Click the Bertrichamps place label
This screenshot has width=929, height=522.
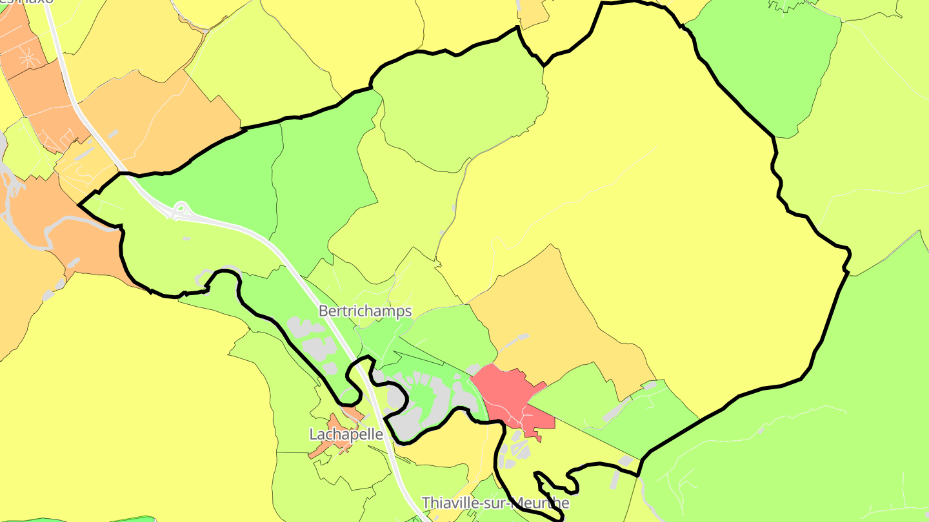[365, 311]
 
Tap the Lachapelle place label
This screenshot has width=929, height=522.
[346, 435]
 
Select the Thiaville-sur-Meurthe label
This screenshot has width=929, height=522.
[495, 503]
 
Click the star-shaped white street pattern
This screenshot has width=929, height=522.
[28, 58]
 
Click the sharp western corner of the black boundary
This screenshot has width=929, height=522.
[79, 205]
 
